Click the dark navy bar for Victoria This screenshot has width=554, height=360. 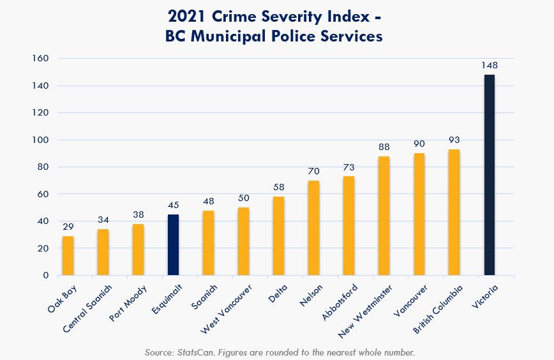(x=489, y=175)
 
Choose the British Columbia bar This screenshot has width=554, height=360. (x=454, y=213)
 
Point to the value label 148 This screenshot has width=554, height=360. (x=490, y=65)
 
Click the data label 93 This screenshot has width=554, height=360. (x=454, y=140)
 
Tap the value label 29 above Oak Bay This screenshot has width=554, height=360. (x=68, y=227)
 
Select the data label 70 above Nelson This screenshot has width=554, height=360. (x=313, y=171)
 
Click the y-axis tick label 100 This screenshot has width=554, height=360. (x=41, y=140)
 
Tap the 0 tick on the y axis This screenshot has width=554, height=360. (x=46, y=276)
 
